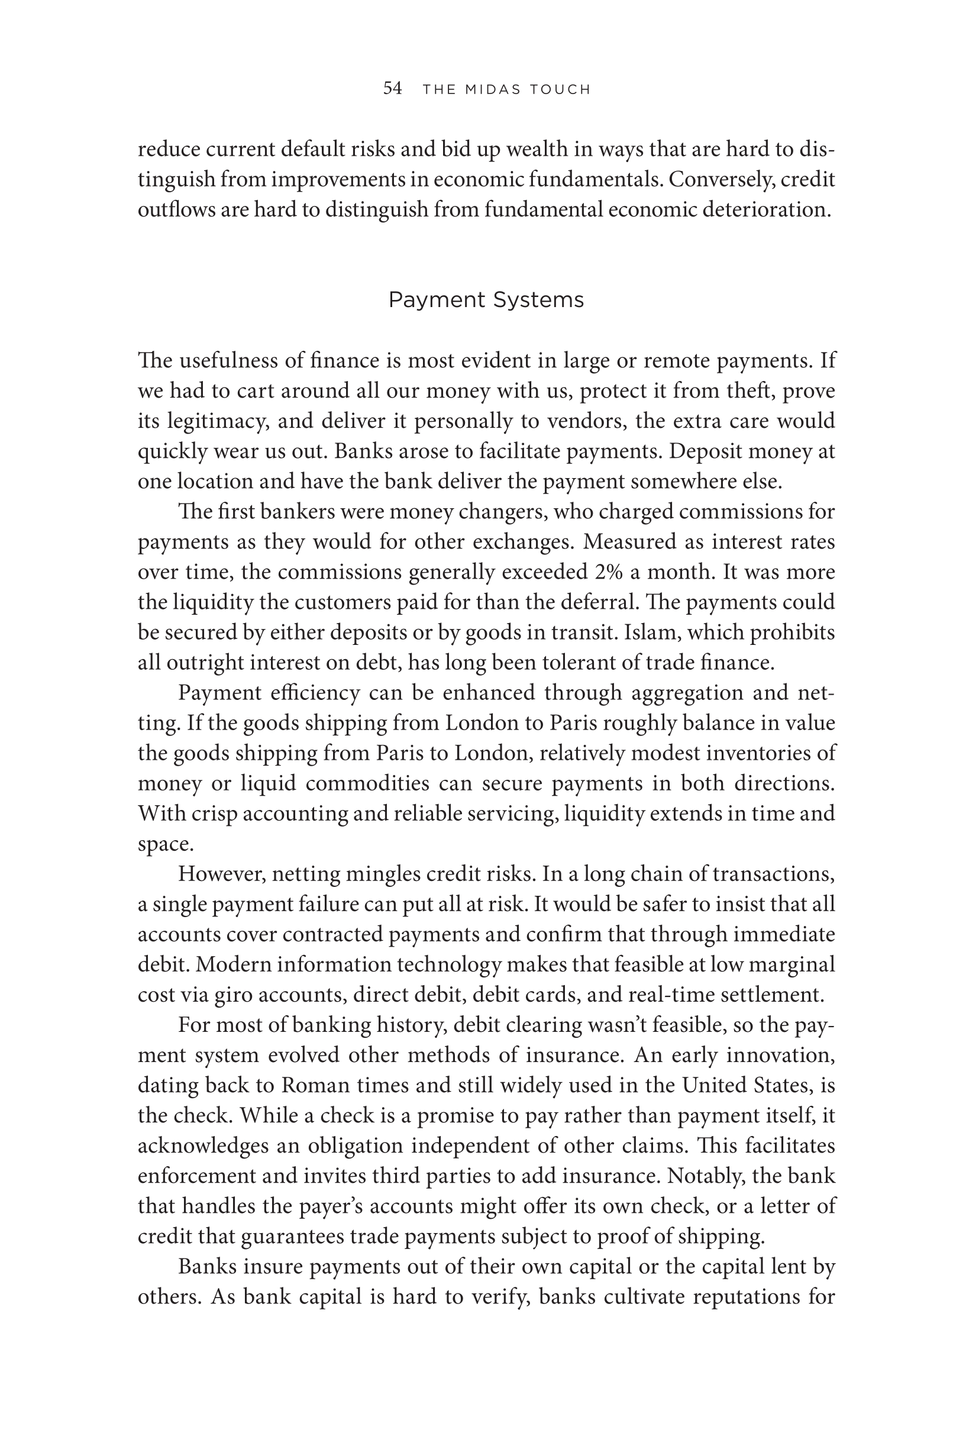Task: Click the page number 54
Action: pyautogui.click(x=392, y=89)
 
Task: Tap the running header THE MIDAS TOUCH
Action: pyautogui.click(x=506, y=90)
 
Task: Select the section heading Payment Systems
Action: pyautogui.click(x=486, y=300)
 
